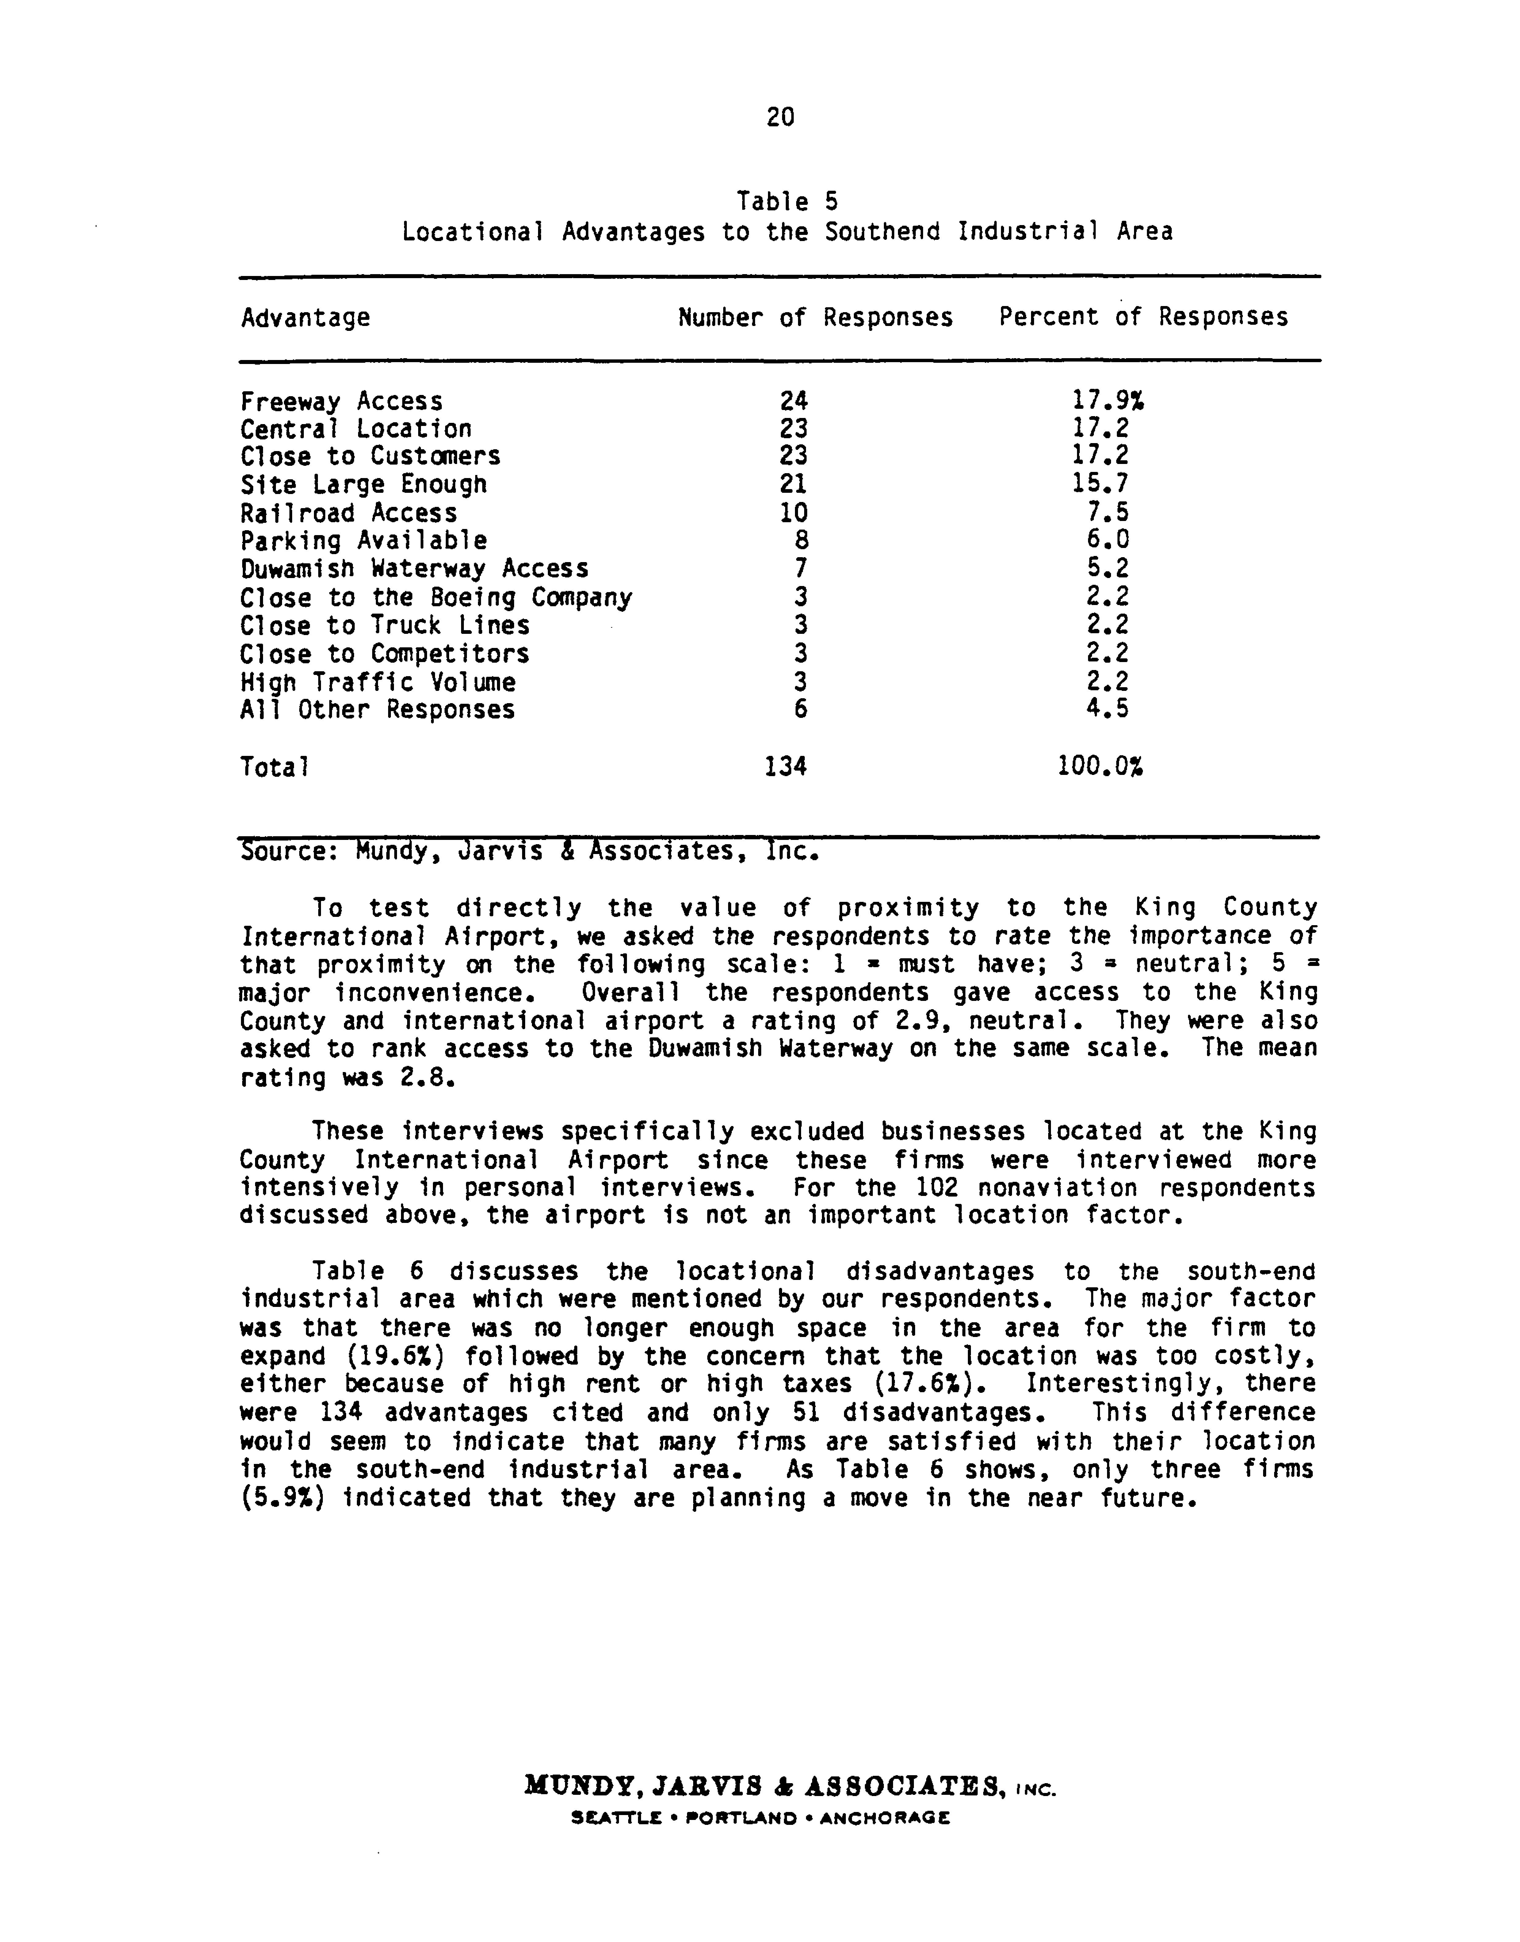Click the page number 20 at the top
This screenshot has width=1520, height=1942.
[780, 117]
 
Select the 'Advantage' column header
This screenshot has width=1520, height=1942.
[305, 318]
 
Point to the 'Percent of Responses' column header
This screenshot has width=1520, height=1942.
[1143, 318]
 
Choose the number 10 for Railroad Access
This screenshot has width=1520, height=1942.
[793, 514]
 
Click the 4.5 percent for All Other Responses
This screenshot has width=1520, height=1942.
[1108, 710]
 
